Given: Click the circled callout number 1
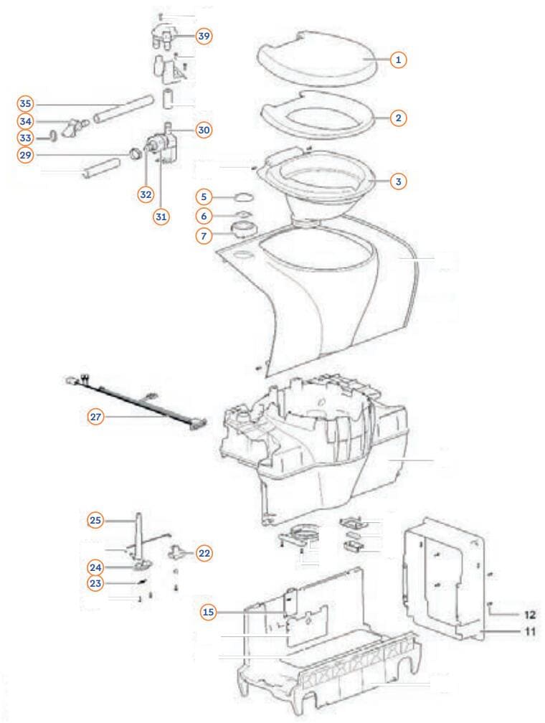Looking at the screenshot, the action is tap(399, 60).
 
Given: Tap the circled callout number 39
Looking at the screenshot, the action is tap(204, 36).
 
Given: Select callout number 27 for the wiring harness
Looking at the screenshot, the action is tap(96, 417).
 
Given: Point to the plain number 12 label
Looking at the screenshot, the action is tap(529, 614).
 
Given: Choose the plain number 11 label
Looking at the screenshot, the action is tap(529, 630).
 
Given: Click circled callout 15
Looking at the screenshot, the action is tap(209, 612).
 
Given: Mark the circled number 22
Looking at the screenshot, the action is tap(204, 553).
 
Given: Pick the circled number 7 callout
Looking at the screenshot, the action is tap(204, 235).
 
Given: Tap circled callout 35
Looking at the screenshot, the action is tap(25, 104).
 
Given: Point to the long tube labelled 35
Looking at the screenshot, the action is tap(123, 109).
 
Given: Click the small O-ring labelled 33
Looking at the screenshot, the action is tap(54, 136).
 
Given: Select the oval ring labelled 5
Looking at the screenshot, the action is tap(243, 197).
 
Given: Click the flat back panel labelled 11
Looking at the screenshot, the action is tap(444, 579).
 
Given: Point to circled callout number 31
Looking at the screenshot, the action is tap(161, 217).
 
